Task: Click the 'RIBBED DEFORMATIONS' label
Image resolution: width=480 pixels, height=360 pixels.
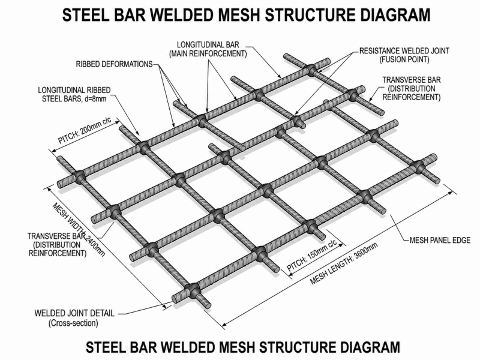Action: (114, 64)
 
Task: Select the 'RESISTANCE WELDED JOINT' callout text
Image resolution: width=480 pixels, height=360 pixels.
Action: (404, 51)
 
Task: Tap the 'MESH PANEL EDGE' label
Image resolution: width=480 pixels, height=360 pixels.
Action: (440, 241)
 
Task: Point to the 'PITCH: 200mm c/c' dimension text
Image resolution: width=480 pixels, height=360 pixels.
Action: (85, 130)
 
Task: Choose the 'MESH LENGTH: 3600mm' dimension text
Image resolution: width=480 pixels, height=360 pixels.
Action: (344, 263)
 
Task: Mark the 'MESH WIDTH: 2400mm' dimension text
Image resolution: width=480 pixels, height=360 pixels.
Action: (79, 229)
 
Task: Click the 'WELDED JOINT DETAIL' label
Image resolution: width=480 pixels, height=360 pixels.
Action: (74, 313)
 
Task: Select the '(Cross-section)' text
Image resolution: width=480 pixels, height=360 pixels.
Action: (73, 323)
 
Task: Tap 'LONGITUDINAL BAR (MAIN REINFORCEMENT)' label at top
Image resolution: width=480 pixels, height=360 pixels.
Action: (208, 49)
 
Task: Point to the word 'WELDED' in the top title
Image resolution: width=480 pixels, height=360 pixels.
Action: (185, 14)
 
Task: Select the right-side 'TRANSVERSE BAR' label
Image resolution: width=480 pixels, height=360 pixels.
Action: (412, 80)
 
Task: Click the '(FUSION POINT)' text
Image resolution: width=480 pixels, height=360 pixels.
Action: (404, 59)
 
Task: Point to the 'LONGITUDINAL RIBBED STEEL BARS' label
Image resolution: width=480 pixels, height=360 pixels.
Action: (74, 95)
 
